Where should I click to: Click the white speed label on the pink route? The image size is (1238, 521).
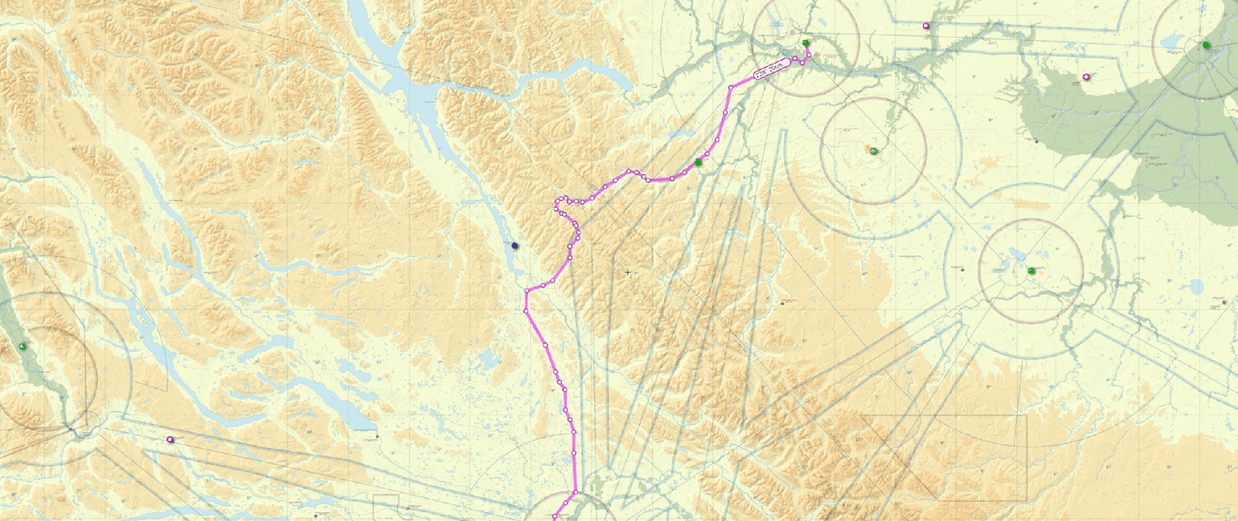tap(771, 70)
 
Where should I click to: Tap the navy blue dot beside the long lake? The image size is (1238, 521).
tap(515, 246)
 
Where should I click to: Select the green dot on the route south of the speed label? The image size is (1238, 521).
tap(698, 163)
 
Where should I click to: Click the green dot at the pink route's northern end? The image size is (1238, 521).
tap(805, 43)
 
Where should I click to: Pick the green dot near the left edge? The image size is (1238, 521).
tap(22, 346)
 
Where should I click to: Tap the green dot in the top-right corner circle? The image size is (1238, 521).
tap(1206, 45)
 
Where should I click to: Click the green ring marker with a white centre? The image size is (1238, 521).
tap(873, 151)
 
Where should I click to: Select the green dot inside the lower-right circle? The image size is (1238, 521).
tap(1031, 271)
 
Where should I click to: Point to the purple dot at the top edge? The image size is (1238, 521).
tap(927, 26)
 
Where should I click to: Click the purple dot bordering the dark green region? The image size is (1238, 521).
tap(1087, 77)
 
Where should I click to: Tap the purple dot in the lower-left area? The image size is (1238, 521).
tap(170, 439)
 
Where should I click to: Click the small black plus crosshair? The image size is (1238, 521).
tap(627, 272)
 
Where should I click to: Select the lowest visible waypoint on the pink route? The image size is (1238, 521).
tap(555, 517)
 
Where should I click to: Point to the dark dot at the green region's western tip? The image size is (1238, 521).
tap(1035, 141)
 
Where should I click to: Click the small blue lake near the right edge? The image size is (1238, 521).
tap(1196, 287)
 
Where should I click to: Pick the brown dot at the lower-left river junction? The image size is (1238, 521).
tap(70, 430)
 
